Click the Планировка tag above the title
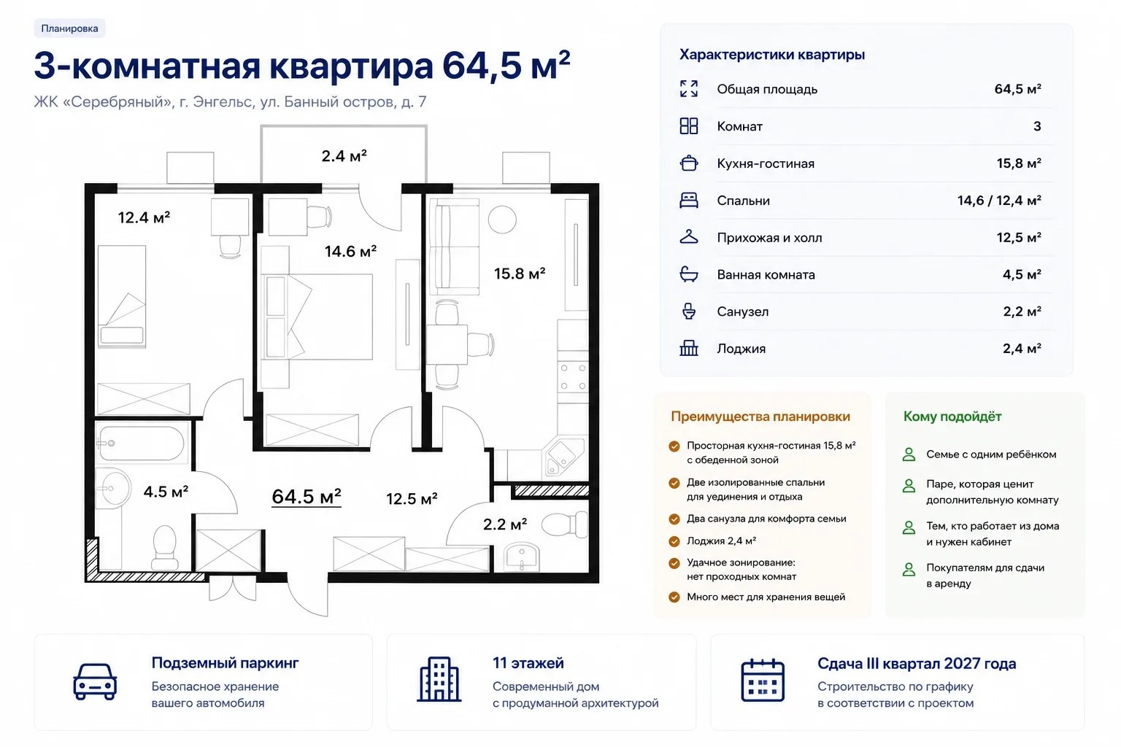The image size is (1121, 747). [69, 28]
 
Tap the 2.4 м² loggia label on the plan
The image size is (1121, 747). [344, 156]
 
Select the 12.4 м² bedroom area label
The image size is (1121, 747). [144, 217]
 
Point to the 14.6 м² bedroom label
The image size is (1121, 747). [350, 251]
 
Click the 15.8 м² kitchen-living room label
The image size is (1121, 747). [520, 274]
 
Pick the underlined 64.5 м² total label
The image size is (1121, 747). [307, 497]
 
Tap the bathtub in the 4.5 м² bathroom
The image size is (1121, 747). [142, 444]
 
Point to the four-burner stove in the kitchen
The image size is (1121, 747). [573, 376]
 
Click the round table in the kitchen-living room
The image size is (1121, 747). [502, 220]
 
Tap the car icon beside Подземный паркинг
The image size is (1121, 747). [95, 681]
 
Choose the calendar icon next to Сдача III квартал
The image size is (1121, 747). [763, 681]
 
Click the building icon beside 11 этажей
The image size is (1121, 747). [439, 679]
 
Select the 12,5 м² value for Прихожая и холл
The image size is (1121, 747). [1018, 238]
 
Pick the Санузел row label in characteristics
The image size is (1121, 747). [743, 311]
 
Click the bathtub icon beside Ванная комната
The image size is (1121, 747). [689, 274]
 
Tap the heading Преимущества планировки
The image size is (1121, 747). [760, 417]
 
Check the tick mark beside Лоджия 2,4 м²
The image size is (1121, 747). [674, 541]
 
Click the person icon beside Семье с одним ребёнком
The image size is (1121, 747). [909, 454]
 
